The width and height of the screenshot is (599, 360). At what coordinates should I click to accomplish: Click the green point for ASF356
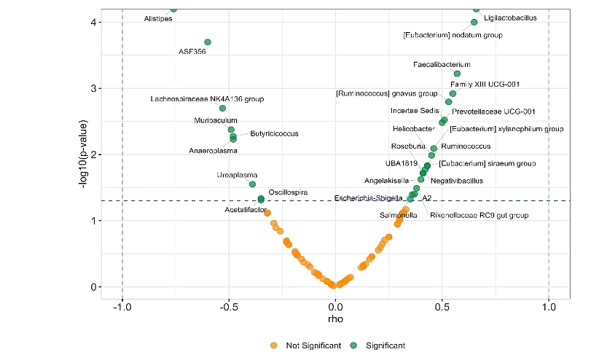(208, 42)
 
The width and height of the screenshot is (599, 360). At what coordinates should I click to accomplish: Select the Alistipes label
(157, 18)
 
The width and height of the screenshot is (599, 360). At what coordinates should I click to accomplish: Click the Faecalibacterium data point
(457, 74)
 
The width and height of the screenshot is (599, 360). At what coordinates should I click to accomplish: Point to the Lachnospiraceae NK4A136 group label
(207, 98)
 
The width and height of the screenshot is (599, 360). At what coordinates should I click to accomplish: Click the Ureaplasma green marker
(253, 184)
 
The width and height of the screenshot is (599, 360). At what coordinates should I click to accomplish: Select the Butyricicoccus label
(274, 133)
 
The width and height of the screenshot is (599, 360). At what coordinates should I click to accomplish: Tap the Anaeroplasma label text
(213, 151)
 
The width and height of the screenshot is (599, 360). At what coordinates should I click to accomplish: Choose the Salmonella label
(399, 216)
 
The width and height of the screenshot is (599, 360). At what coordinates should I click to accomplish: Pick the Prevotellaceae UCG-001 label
(493, 111)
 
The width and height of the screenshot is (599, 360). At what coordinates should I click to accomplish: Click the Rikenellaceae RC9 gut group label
(479, 216)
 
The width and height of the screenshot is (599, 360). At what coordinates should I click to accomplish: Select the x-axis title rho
(335, 319)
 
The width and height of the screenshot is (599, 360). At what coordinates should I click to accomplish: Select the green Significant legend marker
(355, 345)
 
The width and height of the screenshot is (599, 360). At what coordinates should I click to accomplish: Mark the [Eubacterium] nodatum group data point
(474, 22)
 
